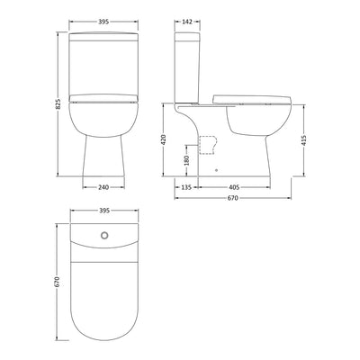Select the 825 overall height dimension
point(58,103)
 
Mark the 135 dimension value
point(185,187)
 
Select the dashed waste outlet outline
point(208,142)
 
